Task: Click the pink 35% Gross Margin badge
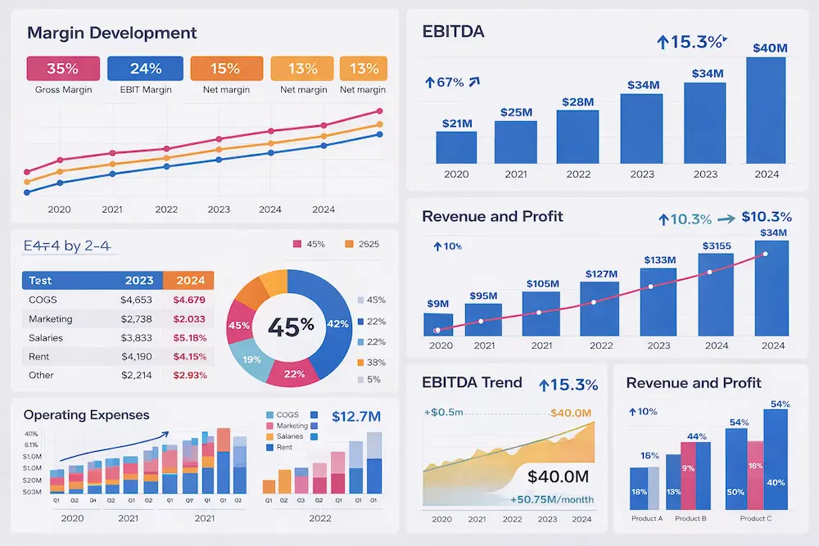(63, 69)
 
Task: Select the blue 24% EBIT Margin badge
(145, 69)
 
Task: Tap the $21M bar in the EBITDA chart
(456, 147)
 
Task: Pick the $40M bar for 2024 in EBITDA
(766, 111)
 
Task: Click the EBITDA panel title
(453, 32)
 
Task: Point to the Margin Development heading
(112, 34)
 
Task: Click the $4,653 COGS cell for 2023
(136, 300)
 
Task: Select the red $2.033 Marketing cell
(189, 319)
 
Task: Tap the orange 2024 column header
(189, 281)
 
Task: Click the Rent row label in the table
(38, 357)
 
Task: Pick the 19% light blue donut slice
(251, 359)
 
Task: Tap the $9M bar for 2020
(438, 324)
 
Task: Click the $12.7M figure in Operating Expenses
(356, 417)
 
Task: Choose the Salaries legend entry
(289, 436)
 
